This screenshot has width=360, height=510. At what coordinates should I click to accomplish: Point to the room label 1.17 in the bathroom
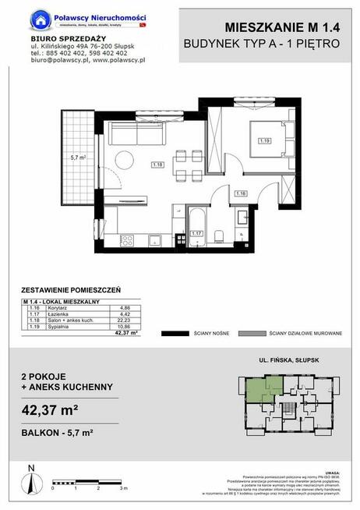(198, 233)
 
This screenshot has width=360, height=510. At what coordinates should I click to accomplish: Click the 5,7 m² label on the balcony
(77, 157)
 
